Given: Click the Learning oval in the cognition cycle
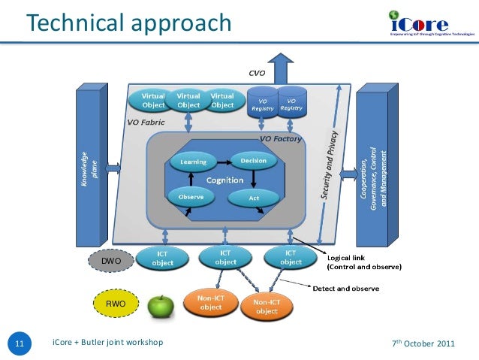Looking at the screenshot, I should (x=194, y=161).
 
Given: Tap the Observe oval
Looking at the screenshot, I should (x=191, y=197).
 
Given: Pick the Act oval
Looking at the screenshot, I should (x=254, y=198).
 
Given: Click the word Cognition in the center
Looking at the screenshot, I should (x=224, y=180).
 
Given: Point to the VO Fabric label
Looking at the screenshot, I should (x=146, y=122).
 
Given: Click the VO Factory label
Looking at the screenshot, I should (x=281, y=139).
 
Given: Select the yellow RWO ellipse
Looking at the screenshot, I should (x=115, y=304).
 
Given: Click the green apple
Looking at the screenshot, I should (x=160, y=305).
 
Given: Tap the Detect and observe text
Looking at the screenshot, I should (x=345, y=289).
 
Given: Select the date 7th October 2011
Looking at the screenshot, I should (x=423, y=344).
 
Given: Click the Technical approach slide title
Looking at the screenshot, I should (x=128, y=24).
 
